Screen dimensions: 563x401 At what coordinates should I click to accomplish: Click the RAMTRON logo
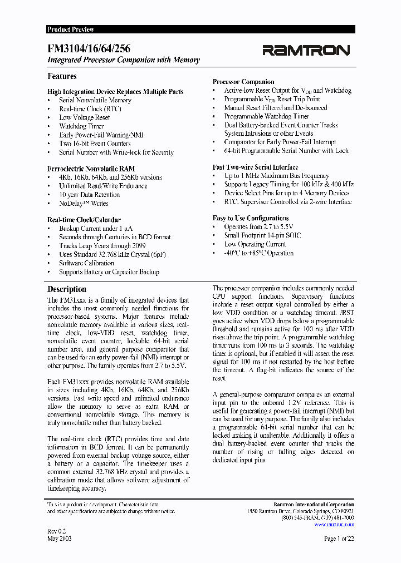[x=306, y=51]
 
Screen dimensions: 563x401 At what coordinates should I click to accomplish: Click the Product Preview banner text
[x=71, y=29]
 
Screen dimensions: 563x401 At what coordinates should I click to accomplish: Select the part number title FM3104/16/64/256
[x=89, y=49]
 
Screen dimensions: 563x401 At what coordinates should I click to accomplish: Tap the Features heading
[x=62, y=76]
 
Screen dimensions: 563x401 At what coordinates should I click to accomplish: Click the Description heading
[x=67, y=289]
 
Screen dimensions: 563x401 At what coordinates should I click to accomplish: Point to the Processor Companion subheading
[x=243, y=82]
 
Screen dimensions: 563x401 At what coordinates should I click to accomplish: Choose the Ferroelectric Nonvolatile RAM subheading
[x=91, y=169]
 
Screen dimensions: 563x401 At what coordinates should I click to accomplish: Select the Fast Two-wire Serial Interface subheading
[x=255, y=167]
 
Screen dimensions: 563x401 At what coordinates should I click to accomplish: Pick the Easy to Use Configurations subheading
[x=251, y=218]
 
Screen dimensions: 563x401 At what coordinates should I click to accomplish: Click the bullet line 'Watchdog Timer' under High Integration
[x=81, y=126]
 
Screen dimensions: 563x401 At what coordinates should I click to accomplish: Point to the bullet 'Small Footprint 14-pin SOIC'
[x=262, y=236]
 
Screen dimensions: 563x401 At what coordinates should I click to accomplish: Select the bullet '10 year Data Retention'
[x=89, y=195]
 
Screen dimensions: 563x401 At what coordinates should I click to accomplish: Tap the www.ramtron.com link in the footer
[x=334, y=524]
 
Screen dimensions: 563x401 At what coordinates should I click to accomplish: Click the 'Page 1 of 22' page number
[x=339, y=539]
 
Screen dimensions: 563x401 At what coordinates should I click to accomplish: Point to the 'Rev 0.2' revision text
[x=56, y=531]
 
